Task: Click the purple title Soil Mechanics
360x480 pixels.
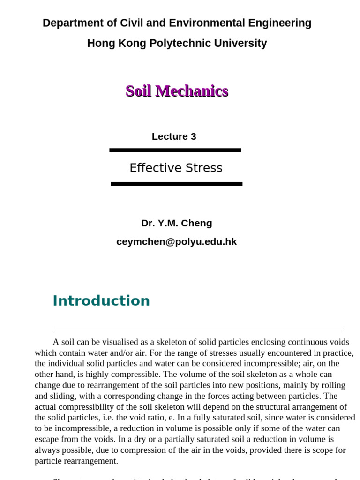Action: (177, 91)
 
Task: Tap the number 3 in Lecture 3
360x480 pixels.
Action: (193, 136)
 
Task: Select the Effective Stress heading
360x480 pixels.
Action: (176, 168)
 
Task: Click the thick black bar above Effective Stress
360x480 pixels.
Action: (175, 150)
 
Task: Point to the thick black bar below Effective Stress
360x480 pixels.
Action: (176, 184)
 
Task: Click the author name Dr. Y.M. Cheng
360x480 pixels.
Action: (176, 223)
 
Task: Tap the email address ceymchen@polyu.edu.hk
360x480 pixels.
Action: (176, 242)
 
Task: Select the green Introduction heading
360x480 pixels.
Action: (101, 300)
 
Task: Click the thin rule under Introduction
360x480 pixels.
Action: (198, 330)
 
